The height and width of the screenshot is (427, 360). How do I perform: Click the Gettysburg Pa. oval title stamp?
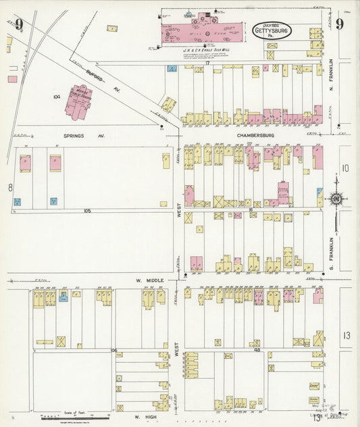272,30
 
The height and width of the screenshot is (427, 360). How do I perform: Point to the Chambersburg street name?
254,135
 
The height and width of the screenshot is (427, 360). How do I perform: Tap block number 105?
87,211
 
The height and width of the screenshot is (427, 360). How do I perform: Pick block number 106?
114,350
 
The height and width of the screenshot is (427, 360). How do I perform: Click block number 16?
250,210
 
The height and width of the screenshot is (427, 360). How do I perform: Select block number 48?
257,350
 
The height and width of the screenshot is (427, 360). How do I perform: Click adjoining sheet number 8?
10,186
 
